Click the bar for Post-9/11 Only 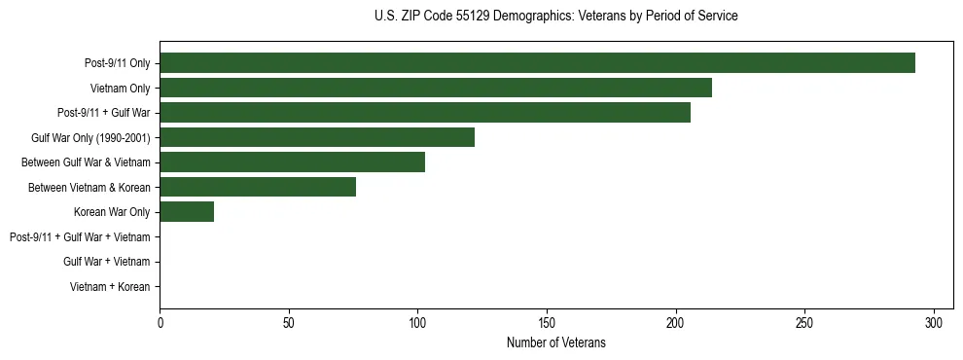(x=537, y=63)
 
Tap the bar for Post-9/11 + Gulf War (x=425, y=113)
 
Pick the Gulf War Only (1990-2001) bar (x=317, y=137)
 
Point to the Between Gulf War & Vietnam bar (x=292, y=162)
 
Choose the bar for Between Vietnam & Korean (x=258, y=187)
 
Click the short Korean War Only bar (x=187, y=212)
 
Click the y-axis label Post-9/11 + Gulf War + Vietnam (x=80, y=237)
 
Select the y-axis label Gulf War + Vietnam (x=107, y=262)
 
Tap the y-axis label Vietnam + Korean (x=110, y=287)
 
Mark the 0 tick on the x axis (x=160, y=322)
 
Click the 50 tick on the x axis (x=289, y=322)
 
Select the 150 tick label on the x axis (x=547, y=322)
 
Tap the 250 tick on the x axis (x=804, y=322)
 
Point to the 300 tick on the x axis (x=934, y=322)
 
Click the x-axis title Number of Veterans (x=555, y=342)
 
